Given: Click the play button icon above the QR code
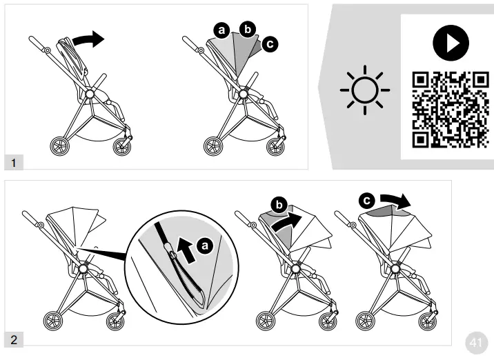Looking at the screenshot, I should point(446,43).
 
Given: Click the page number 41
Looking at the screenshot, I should point(475,342).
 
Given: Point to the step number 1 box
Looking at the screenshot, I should point(14,163).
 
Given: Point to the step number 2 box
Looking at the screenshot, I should point(14,339).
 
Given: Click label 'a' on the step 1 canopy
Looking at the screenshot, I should point(221,30).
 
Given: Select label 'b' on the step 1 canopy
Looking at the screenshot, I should point(247,28).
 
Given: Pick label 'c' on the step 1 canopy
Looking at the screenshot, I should point(270,44).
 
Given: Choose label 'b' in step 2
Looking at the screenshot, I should point(278,205).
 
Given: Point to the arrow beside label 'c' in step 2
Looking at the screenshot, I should point(396,201).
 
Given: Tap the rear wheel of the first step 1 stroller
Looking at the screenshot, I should point(59,146).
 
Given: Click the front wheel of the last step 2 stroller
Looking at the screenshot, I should point(428,321).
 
